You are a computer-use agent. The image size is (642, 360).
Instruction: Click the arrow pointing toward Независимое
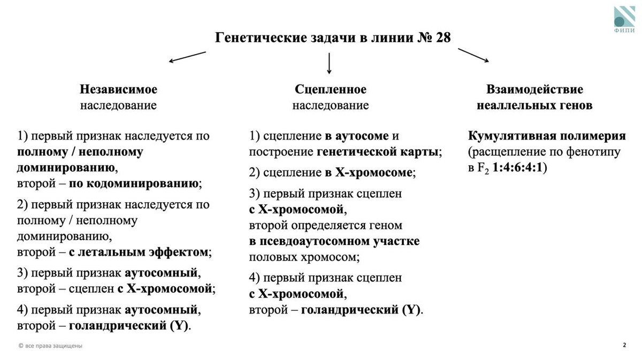pos(187,57)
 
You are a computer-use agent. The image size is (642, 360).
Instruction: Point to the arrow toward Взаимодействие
pos(473,56)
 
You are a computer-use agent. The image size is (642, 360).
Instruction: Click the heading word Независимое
pos(119,89)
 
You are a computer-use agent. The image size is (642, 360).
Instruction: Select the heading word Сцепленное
pos(331,89)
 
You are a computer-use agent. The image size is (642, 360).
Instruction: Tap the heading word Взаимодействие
pos(534,89)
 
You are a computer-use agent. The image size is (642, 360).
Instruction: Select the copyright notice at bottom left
pos(50,346)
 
